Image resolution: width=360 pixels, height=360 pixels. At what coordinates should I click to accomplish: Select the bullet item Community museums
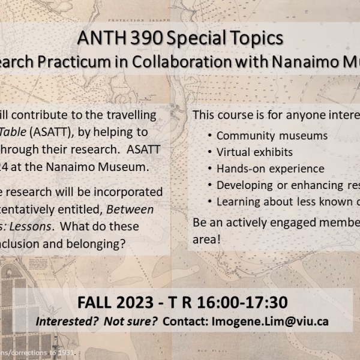[272, 136]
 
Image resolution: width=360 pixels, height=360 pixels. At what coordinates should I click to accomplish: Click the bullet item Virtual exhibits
[255, 152]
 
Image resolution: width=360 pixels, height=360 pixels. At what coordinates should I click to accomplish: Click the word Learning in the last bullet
[239, 202]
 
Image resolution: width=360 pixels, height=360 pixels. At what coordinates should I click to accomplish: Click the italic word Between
[137, 210]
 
